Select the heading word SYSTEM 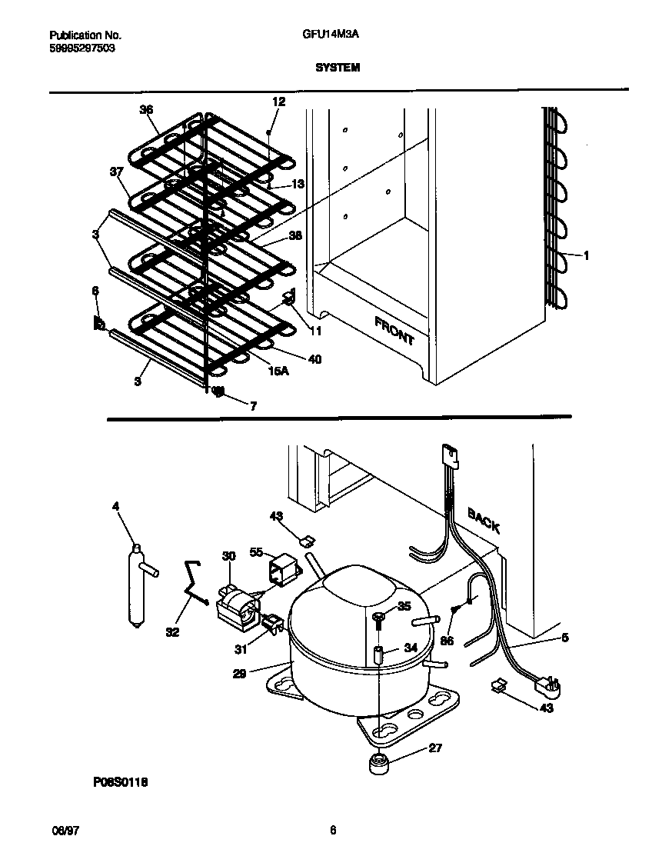(337, 68)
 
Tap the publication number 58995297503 (83, 48)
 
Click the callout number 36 (146, 109)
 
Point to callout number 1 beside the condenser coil (586, 256)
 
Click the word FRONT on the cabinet (394, 330)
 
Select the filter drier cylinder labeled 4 (137, 585)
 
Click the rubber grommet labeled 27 (377, 765)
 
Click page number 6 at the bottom (332, 831)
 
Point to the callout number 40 (314, 359)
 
